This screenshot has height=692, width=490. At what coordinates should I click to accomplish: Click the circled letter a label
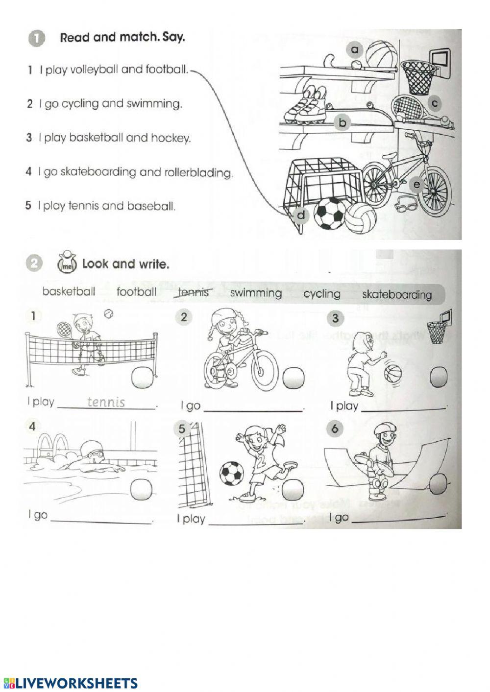(355, 49)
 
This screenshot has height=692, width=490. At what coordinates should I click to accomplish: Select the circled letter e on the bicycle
(416, 185)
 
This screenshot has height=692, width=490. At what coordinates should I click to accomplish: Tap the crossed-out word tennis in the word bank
(193, 292)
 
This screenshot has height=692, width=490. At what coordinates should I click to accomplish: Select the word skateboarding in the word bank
(397, 294)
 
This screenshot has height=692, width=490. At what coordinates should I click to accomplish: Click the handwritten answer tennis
(106, 402)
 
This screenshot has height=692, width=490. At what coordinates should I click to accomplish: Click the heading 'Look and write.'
(125, 264)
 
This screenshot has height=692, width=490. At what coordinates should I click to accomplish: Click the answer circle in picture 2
(294, 378)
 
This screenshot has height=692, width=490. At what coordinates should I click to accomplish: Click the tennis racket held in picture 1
(65, 331)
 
